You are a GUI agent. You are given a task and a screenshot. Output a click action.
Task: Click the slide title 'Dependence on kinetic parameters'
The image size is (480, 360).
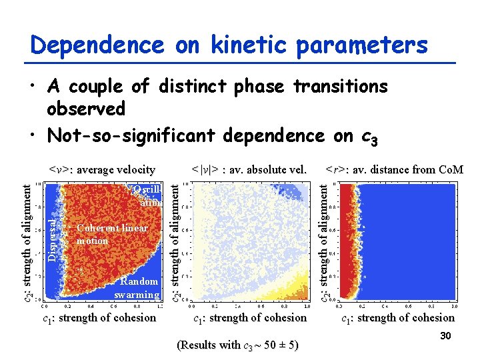(229, 45)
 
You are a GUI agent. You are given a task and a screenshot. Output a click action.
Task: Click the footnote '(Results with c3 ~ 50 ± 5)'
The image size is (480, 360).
(237, 345)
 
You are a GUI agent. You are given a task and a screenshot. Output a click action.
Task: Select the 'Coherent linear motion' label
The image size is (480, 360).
(111, 234)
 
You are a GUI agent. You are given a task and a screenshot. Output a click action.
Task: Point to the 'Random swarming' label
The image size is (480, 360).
(137, 288)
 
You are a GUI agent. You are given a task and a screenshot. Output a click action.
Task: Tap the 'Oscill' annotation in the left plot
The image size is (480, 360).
(146, 189)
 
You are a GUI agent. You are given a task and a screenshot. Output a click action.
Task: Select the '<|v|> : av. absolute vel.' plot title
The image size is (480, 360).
(249, 169)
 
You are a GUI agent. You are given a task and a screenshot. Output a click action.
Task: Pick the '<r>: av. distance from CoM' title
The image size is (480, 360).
(394, 169)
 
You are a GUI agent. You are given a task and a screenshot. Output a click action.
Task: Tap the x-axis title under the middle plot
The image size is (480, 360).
(249, 317)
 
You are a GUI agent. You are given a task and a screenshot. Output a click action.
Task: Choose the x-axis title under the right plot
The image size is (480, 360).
(398, 317)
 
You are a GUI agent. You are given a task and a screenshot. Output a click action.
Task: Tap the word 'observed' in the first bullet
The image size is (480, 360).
(86, 108)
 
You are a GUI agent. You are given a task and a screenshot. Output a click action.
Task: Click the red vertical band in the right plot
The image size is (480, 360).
(347, 240)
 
